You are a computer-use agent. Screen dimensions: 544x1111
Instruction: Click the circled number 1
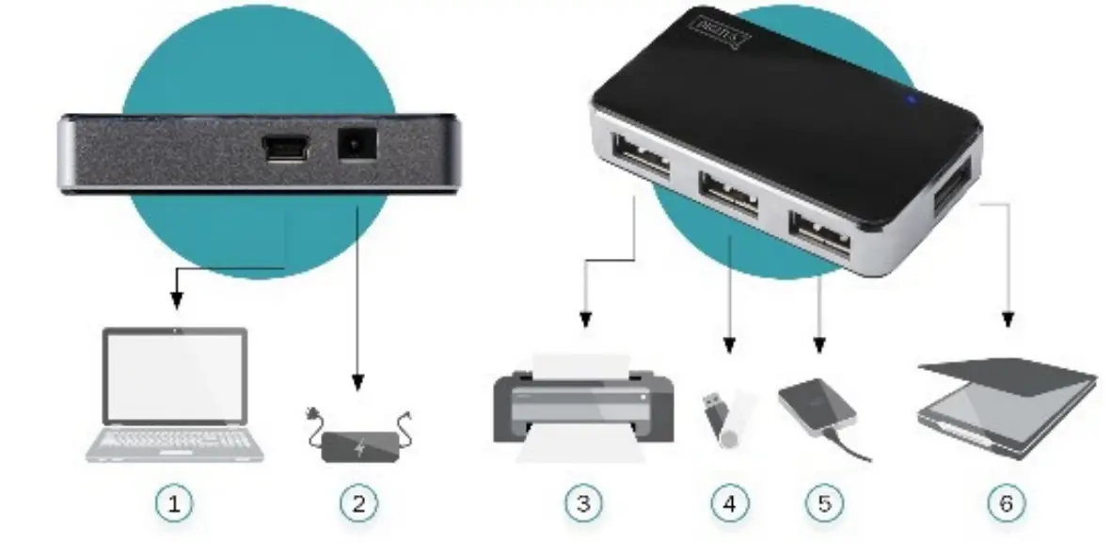tap(174, 504)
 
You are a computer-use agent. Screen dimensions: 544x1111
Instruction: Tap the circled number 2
tap(357, 504)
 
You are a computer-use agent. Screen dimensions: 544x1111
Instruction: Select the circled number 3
tap(583, 504)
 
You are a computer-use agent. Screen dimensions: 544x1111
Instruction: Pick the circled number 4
tap(729, 504)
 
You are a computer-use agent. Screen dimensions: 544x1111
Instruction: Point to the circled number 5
tap(823, 504)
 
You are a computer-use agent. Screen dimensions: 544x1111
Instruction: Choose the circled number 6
tap(1007, 504)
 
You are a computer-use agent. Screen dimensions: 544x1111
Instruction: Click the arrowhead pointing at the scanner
tap(1009, 320)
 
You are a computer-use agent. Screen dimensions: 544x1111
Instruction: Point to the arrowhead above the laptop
tap(175, 302)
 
